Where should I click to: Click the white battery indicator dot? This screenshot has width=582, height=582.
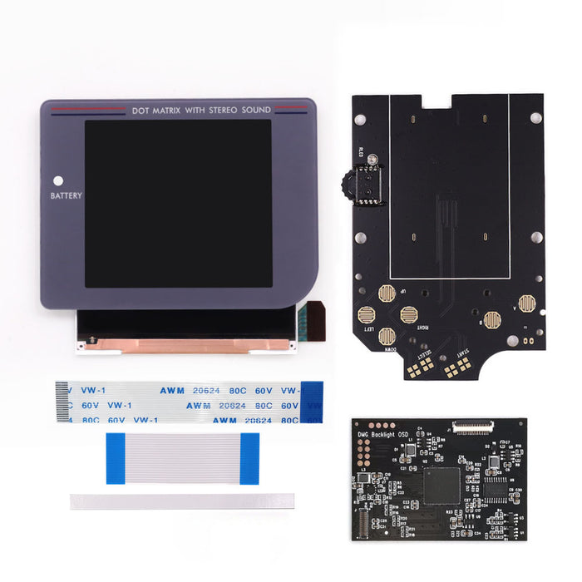(x=58, y=180)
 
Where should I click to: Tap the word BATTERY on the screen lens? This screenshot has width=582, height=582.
(x=66, y=196)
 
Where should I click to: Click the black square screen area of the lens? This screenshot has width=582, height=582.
(x=178, y=203)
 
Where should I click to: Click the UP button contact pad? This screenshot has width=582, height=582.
(x=386, y=293)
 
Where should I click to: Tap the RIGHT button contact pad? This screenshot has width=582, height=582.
(x=408, y=314)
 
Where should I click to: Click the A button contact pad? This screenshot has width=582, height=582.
(x=526, y=303)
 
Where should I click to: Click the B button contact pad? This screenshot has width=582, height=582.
(x=492, y=318)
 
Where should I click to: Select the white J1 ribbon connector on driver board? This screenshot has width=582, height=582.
(x=472, y=425)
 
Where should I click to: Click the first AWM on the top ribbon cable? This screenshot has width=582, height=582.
(x=200, y=389)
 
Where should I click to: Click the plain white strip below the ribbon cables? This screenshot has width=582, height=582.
(x=182, y=501)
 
